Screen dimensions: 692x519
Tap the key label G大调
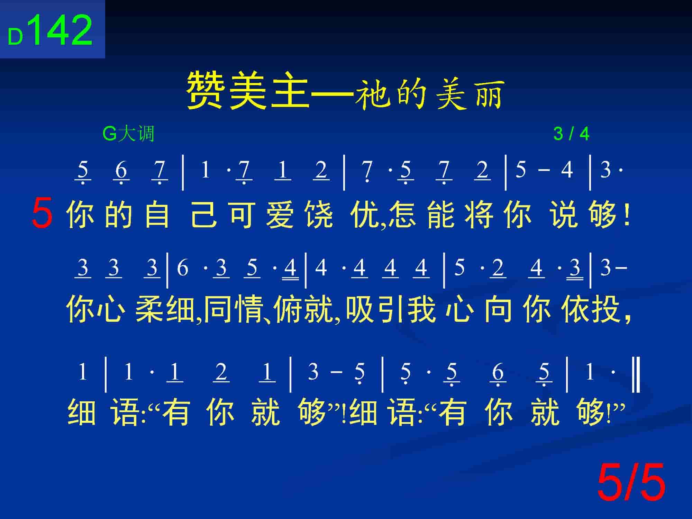(128, 134)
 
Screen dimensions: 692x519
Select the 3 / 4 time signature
(571, 134)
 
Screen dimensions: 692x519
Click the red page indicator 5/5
(631, 482)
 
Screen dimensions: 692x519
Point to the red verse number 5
(42, 212)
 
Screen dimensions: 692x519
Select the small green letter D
(15, 37)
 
